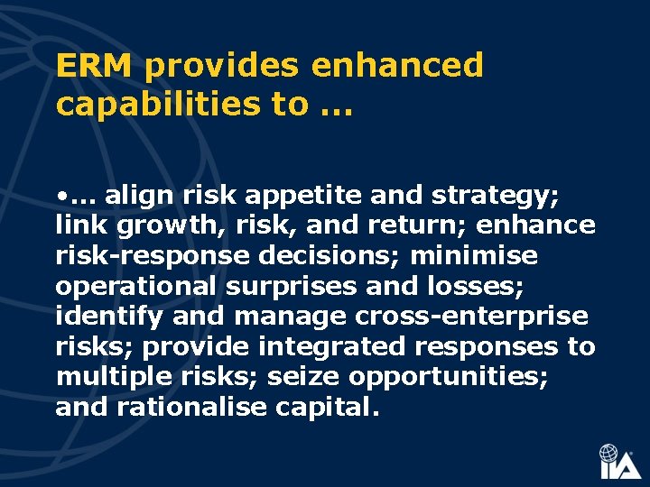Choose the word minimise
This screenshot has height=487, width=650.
coord(474,255)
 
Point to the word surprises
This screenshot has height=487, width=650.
coord(305,287)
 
